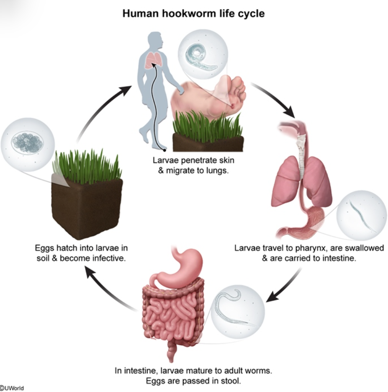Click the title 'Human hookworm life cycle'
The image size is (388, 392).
pyautogui.click(x=194, y=13)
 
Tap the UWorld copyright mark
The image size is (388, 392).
pyautogui.click(x=12, y=388)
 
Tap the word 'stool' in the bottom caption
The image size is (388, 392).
pyautogui.click(x=233, y=381)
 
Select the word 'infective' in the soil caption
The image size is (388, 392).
pyautogui.click(x=110, y=258)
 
